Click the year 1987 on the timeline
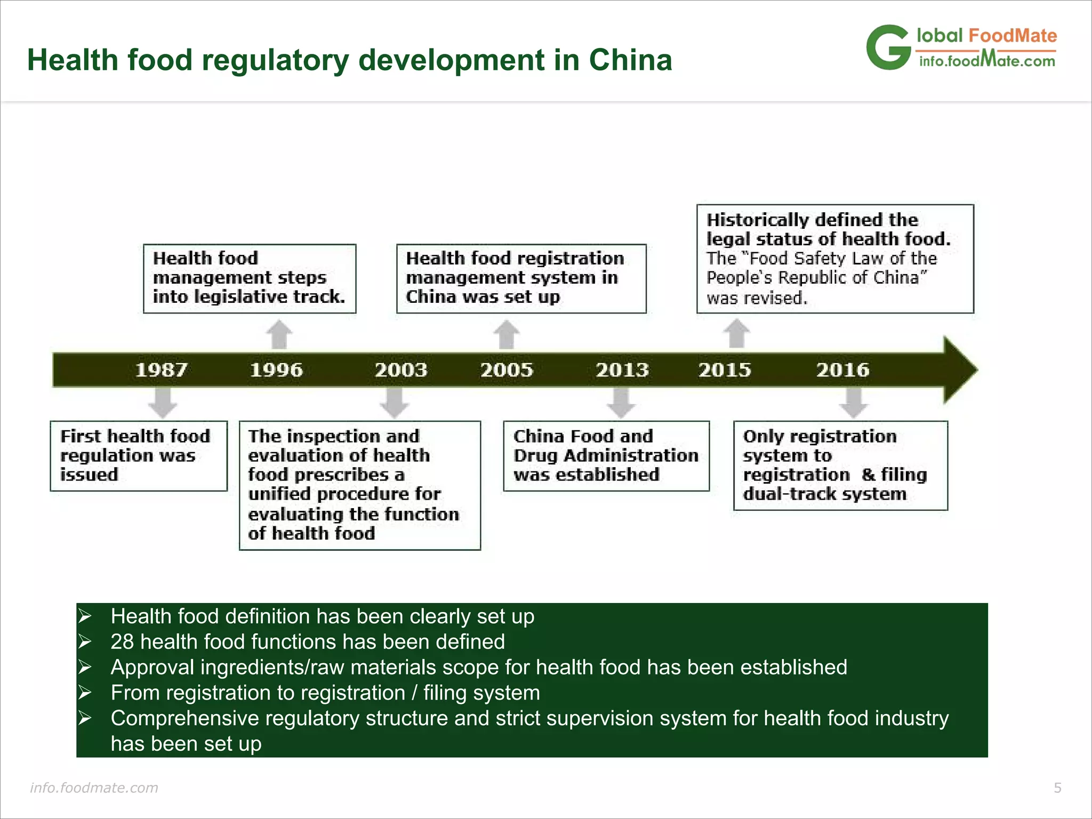(161, 370)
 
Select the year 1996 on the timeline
(276, 370)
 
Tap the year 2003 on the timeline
(401, 370)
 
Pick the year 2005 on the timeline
(507, 370)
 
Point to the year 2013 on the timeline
(622, 370)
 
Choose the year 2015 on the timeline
(725, 370)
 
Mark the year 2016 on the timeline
(842, 370)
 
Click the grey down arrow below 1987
(163, 403)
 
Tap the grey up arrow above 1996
(279, 334)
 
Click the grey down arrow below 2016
(854, 403)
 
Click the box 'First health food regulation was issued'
(139, 456)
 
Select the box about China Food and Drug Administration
(606, 456)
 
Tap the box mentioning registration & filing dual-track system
(840, 465)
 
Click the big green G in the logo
(888, 48)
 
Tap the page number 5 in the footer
(1057, 788)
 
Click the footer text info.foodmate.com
(94, 788)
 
